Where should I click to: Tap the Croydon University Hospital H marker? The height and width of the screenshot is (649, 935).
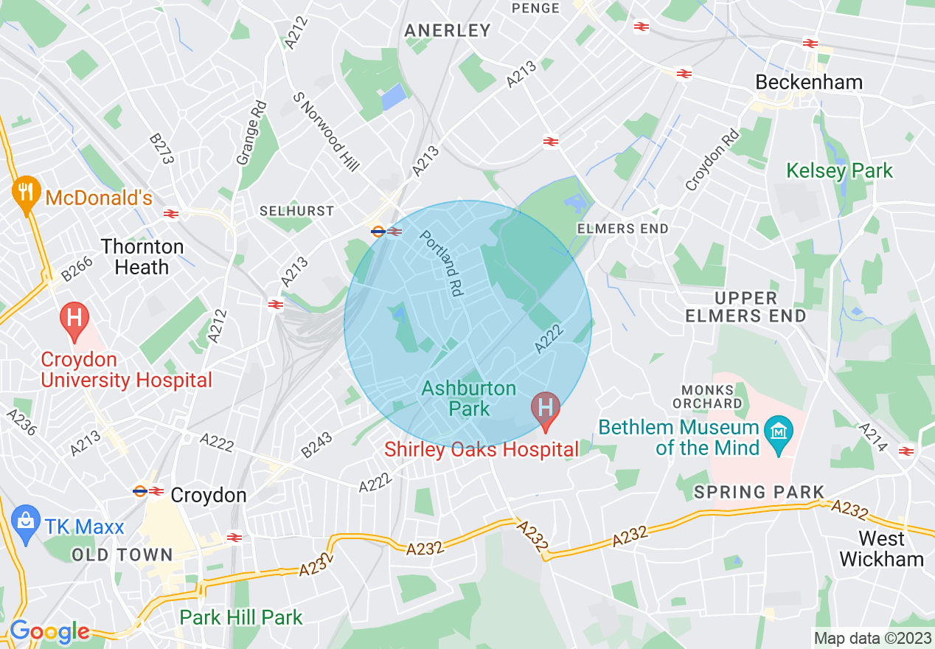pos(74,320)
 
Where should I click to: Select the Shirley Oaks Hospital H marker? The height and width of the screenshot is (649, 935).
pos(546,409)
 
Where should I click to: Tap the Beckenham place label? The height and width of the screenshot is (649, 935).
pos(809,82)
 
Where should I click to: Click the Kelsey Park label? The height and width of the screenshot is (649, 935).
pos(839,171)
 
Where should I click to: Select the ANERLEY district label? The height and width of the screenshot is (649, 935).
pos(448,30)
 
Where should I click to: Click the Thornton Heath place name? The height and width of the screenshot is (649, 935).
pos(142,257)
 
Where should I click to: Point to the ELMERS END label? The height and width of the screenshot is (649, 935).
pos(622,229)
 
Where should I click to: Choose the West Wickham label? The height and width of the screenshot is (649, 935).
pos(881,549)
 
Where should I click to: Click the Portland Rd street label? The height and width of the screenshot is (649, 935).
pos(441,263)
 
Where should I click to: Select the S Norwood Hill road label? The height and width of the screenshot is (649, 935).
pos(326,131)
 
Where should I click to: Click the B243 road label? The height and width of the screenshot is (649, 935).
pos(317,445)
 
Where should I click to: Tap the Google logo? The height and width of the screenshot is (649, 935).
pos(49,631)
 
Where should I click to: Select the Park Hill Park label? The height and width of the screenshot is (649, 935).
pos(241,617)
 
